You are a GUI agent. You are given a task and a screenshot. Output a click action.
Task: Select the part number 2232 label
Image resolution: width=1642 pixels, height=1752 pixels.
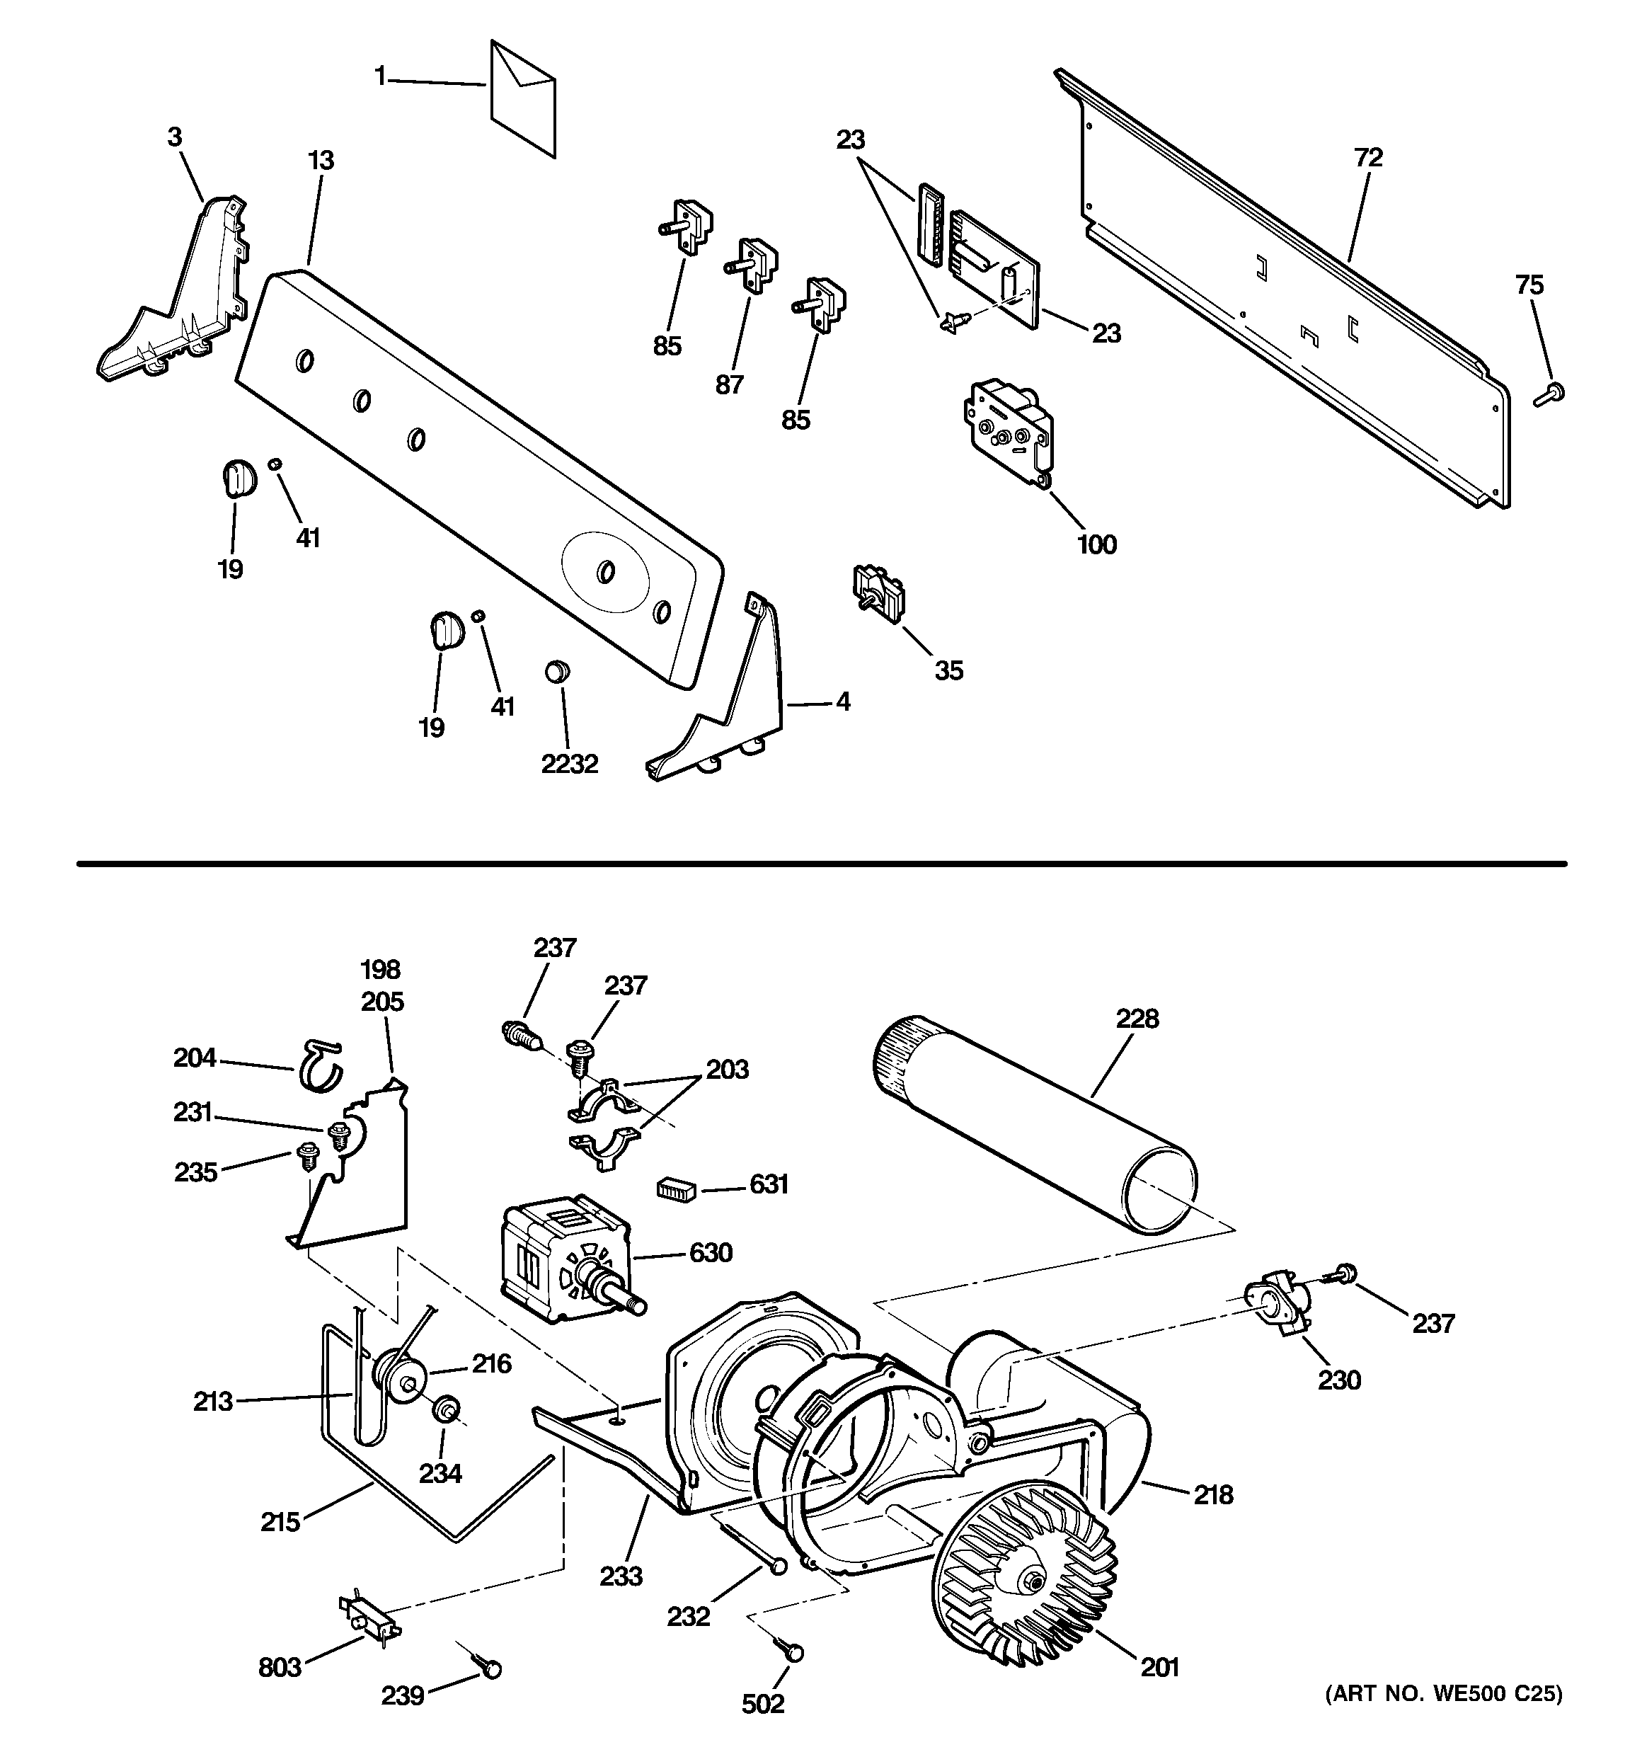coord(569,763)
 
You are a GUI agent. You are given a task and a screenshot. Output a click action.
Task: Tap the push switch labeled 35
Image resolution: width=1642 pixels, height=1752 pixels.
coord(877,594)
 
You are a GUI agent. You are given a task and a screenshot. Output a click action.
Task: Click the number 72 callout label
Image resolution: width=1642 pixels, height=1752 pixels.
coord(1368,158)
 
